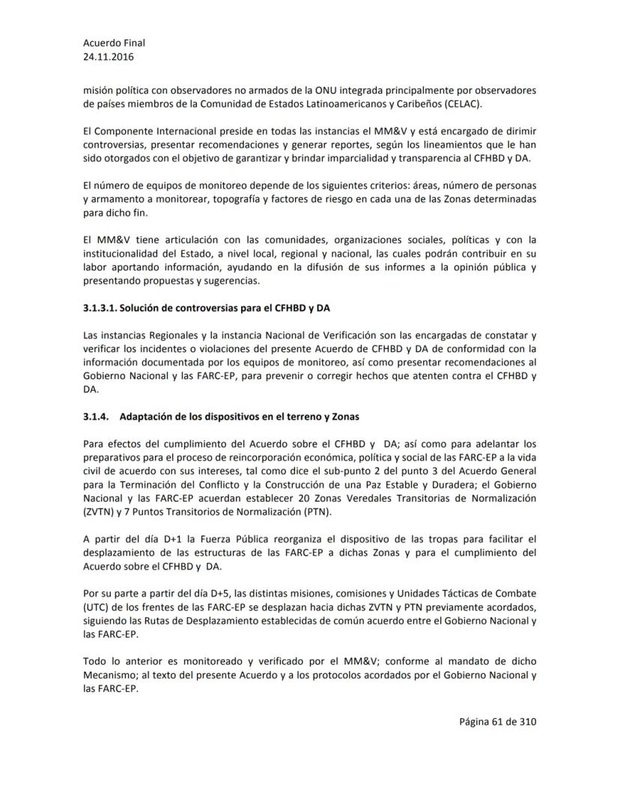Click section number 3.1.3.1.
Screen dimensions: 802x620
click(100, 308)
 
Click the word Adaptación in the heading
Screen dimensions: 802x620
click(146, 416)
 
